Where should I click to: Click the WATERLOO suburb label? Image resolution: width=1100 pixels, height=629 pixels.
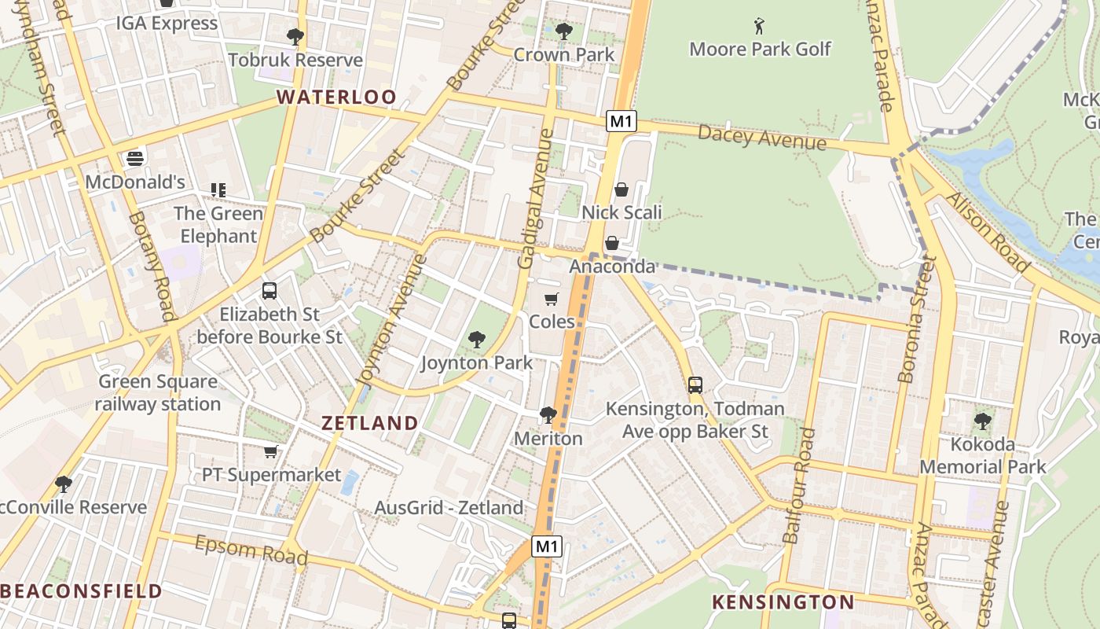[x=336, y=97]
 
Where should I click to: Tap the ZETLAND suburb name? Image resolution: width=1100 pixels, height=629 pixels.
[x=369, y=423]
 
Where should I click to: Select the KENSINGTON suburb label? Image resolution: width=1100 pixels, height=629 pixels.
[x=783, y=603]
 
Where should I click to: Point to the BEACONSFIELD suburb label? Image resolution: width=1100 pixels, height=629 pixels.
[x=81, y=591]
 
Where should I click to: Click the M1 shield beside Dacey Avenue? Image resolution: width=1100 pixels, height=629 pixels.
[x=621, y=121]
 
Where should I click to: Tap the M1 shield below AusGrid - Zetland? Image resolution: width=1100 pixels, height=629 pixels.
[x=547, y=546]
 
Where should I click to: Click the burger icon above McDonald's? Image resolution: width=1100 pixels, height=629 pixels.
[x=135, y=159]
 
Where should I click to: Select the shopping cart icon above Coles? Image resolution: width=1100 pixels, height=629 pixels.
[x=552, y=299]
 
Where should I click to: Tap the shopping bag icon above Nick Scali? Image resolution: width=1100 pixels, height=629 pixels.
[x=621, y=189]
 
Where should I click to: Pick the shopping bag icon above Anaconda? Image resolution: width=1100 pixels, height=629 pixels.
[x=611, y=243]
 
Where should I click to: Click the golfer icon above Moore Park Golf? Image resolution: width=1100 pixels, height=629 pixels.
[x=759, y=26]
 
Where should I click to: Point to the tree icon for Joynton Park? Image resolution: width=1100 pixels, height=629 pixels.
[x=476, y=340]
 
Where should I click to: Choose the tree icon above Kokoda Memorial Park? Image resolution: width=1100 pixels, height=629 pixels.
[x=982, y=421]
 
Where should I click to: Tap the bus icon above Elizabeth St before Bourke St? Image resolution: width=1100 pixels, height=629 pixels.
[x=269, y=291]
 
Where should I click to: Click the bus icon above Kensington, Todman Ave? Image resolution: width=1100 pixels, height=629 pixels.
[x=695, y=385]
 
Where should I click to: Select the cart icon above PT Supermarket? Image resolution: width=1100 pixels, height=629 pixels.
[x=271, y=451]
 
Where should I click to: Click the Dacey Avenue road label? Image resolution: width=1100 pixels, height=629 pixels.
[x=761, y=138]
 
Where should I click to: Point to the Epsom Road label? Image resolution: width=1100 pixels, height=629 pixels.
[x=251, y=550]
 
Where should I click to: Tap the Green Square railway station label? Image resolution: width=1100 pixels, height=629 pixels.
[x=158, y=393]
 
